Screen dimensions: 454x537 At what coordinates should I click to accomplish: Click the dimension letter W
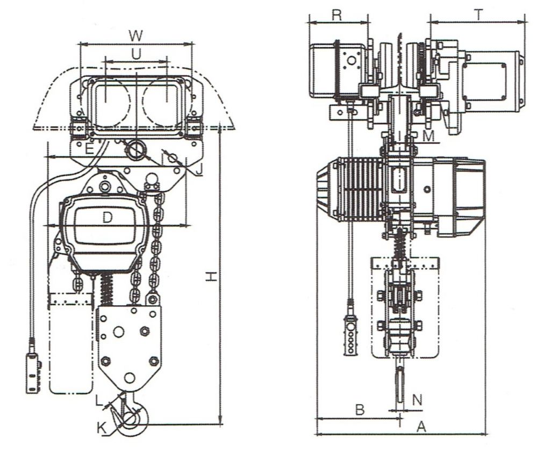(136, 35)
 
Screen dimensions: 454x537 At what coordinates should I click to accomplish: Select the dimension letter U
(136, 53)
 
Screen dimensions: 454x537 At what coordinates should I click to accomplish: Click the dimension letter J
(198, 171)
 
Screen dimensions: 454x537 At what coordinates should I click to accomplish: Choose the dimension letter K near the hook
(102, 427)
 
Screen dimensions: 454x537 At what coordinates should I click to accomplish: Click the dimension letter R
(336, 15)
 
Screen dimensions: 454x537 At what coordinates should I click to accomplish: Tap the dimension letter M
(428, 136)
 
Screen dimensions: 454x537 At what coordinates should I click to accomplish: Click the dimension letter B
(360, 409)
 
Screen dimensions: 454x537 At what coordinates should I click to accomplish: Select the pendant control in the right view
(350, 336)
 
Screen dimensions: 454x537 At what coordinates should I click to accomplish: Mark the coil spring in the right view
(400, 248)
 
